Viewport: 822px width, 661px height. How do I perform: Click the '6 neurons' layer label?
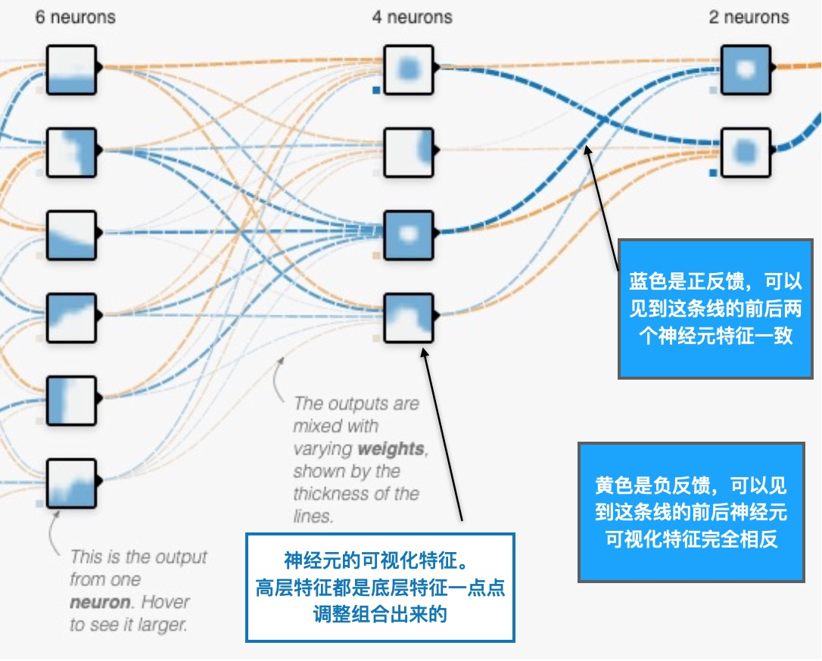click(x=75, y=17)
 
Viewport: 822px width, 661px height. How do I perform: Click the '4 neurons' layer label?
click(x=412, y=17)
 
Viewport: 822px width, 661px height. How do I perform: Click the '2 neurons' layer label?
click(x=749, y=17)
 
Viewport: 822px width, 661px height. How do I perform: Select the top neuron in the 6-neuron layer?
click(x=72, y=70)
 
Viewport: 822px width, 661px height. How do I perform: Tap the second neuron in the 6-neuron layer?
click(x=72, y=152)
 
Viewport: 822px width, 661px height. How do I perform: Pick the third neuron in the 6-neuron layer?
click(x=72, y=235)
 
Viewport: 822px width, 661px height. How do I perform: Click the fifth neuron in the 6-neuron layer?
click(x=72, y=400)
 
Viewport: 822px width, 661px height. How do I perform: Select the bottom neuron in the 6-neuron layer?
click(x=72, y=483)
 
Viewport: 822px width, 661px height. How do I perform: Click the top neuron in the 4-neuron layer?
click(x=409, y=70)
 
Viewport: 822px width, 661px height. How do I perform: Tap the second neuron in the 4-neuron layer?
click(x=409, y=152)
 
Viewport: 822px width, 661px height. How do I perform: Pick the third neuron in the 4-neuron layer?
click(x=409, y=235)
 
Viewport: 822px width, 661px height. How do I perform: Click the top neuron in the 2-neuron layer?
click(x=746, y=70)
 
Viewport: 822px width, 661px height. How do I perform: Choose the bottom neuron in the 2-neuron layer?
click(x=746, y=152)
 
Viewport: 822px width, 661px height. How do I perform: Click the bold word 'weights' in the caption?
click(x=391, y=448)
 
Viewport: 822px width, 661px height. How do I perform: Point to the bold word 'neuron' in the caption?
click(x=95, y=603)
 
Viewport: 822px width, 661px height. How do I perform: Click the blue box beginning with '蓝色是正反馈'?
click(x=715, y=309)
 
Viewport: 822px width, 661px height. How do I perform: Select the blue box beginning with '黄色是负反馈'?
click(x=690, y=513)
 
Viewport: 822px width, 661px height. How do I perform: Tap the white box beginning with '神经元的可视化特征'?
click(x=380, y=588)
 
